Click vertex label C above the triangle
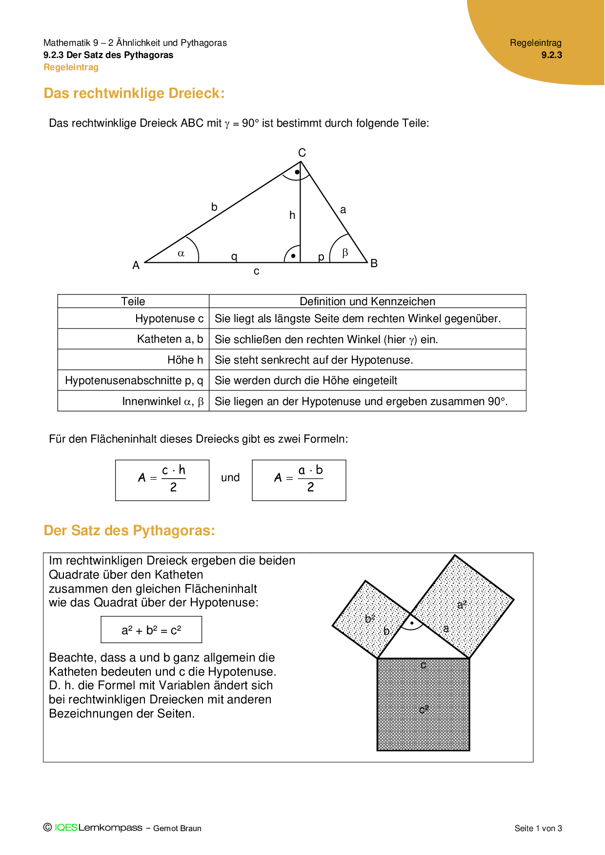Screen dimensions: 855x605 [302, 153]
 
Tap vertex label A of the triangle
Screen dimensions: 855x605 [136, 265]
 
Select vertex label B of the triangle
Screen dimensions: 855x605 [374, 263]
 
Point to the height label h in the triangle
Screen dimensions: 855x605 [292, 215]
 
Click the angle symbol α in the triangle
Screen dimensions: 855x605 [181, 253]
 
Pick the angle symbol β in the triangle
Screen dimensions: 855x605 [345, 253]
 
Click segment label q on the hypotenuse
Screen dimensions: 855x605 [234, 256]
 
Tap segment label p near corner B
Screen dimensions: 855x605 [321, 257]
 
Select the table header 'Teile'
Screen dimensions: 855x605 [133, 301]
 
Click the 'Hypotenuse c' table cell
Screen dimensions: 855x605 [169, 318]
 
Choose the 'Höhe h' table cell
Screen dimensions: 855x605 [185, 360]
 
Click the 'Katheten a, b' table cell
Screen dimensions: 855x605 [170, 339]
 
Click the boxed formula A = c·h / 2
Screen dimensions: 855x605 [162, 480]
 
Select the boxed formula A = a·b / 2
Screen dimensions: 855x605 [299, 480]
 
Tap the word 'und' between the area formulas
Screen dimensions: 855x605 [230, 478]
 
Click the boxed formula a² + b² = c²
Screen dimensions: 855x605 [151, 630]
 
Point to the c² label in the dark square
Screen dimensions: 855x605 [423, 709]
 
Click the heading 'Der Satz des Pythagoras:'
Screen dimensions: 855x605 [129, 530]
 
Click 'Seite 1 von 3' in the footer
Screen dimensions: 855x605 [538, 828]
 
